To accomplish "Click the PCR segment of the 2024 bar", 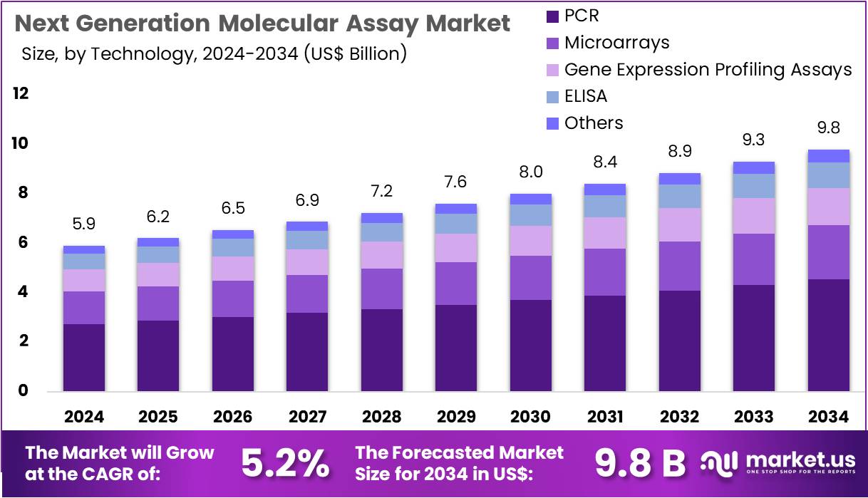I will tap(84, 357).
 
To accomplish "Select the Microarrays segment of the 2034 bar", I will tap(828, 252).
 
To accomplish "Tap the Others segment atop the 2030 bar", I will tap(530, 199).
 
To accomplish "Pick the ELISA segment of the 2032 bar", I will tap(679, 196).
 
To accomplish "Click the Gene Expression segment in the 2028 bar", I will tap(381, 255).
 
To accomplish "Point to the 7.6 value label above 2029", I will tap(456, 182).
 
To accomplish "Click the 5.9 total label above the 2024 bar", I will tap(84, 224).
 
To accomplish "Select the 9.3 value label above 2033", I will tap(753, 140).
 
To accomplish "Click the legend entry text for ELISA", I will tap(585, 96).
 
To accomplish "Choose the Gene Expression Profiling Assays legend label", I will tap(708, 70).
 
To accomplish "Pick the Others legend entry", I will tap(593, 123).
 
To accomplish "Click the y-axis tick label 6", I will tap(24, 243).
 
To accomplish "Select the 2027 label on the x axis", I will tap(307, 417).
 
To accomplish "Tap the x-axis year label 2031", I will tap(604, 417).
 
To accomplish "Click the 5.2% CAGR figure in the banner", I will tap(285, 463).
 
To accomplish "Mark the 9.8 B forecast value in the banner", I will tap(639, 463).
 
